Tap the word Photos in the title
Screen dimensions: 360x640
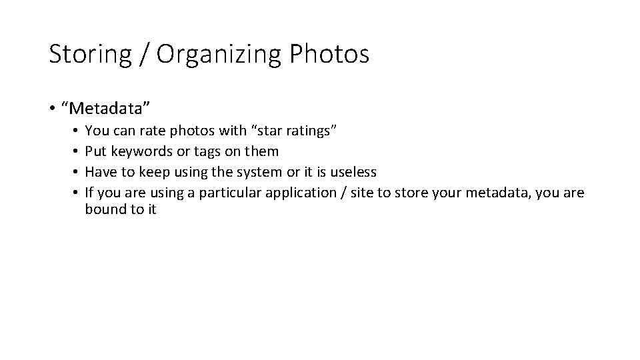click(329, 55)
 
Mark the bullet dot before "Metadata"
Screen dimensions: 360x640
click(53, 107)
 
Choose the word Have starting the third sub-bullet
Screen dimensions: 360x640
click(101, 172)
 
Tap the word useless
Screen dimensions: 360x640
click(353, 172)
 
